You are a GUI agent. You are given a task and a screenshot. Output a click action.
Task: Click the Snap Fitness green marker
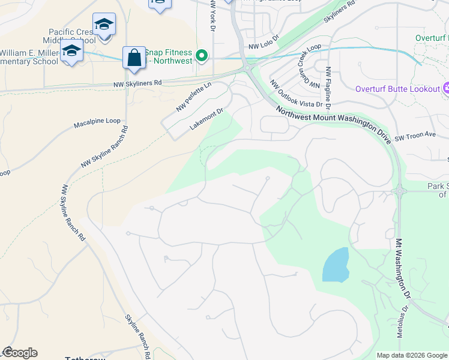[x=202, y=58]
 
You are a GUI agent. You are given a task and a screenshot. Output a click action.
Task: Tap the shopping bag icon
[x=134, y=58]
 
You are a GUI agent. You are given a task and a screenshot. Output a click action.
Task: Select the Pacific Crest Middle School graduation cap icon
[x=104, y=25]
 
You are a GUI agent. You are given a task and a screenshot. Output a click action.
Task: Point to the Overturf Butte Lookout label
[x=397, y=89]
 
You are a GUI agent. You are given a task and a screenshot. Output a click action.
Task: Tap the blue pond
[x=336, y=265]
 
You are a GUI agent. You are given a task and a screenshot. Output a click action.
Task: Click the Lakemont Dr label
[x=206, y=119]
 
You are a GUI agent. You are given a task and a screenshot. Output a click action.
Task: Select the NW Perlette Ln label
[x=194, y=97]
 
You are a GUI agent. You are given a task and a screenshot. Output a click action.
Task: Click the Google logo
[x=19, y=353]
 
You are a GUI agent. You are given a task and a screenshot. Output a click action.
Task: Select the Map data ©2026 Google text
[x=412, y=355]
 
